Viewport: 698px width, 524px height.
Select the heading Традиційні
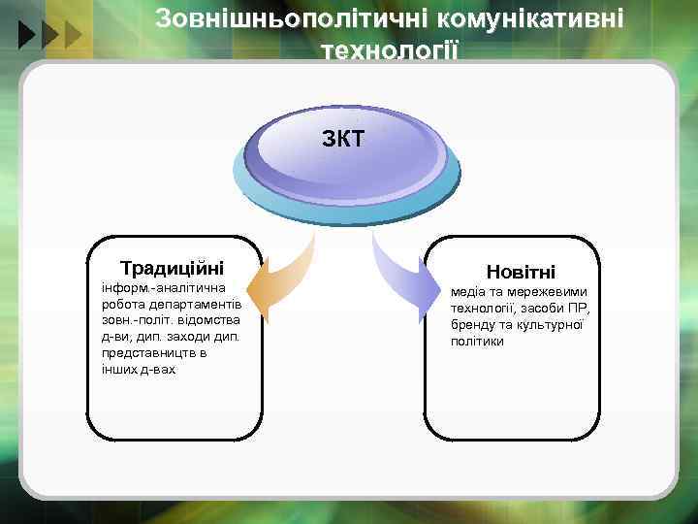click(172, 267)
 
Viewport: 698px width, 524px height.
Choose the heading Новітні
click(521, 273)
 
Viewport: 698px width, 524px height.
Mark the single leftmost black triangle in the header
click(26, 37)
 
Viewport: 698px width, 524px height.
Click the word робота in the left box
click(120, 303)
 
